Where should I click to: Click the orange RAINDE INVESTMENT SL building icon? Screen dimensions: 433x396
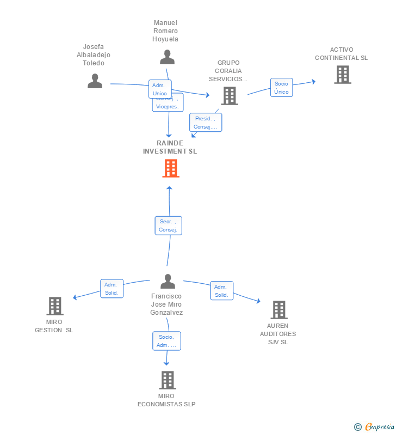click(x=170, y=168)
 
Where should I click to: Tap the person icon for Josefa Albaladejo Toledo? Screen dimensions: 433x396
click(x=95, y=81)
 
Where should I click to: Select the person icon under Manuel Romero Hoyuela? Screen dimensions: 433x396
click(x=167, y=57)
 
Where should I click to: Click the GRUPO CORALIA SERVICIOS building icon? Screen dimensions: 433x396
click(x=230, y=96)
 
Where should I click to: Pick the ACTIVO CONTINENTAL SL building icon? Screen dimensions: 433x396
click(x=342, y=75)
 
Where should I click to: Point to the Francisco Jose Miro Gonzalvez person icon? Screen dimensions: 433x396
click(x=168, y=282)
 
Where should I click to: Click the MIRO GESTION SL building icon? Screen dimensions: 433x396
click(x=55, y=306)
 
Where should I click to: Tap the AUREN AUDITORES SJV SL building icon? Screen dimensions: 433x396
click(x=279, y=310)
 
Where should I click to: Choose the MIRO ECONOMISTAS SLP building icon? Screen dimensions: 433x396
click(x=167, y=380)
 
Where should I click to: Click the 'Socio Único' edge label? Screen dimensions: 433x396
click(x=281, y=88)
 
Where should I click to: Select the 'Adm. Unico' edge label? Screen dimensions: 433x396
click(x=160, y=89)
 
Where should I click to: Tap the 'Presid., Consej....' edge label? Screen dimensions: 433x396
click(x=206, y=123)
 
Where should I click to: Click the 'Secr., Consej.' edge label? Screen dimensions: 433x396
click(x=168, y=225)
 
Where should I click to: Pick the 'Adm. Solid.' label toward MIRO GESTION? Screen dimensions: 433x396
click(x=112, y=289)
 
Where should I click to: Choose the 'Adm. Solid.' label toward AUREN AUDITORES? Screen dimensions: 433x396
click(x=221, y=291)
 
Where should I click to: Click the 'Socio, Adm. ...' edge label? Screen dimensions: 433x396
click(x=166, y=341)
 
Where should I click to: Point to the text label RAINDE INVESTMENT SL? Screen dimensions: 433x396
click(x=170, y=147)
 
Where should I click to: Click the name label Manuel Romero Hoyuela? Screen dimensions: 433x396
click(x=166, y=31)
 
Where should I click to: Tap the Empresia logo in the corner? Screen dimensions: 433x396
click(x=375, y=426)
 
